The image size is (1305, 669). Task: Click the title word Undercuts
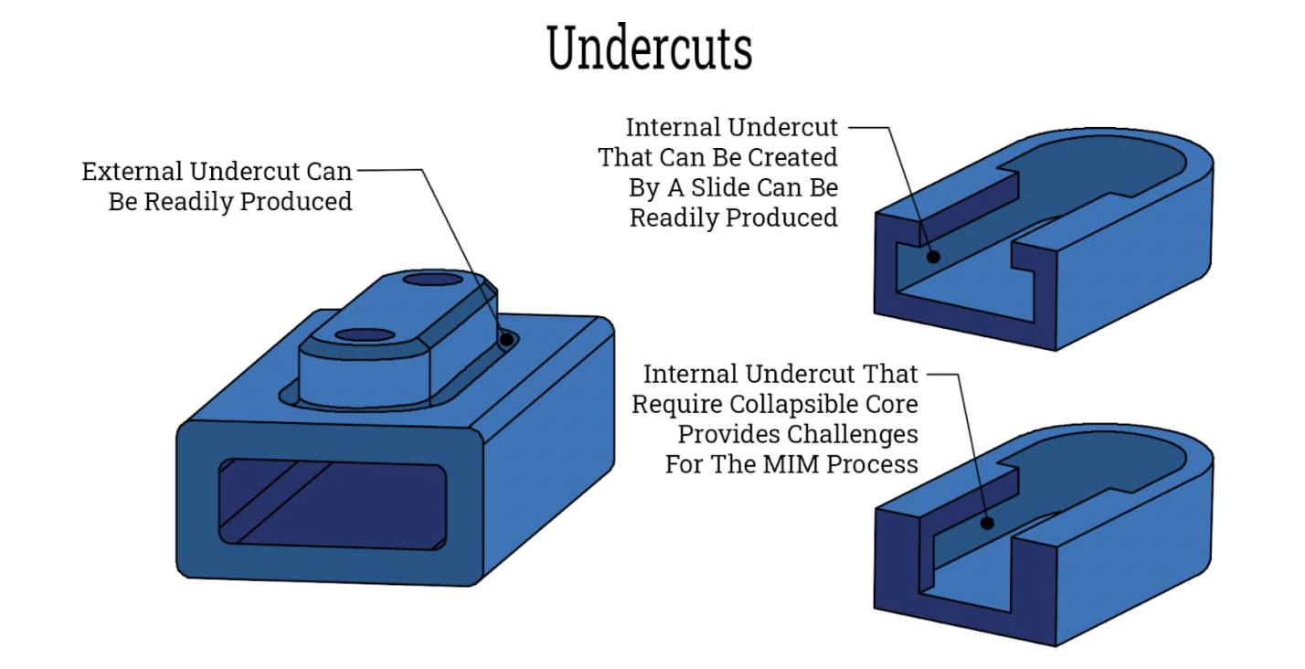pyautogui.click(x=650, y=49)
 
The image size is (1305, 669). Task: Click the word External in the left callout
pyautogui.click(x=133, y=172)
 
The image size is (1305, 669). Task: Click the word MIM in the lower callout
pyautogui.click(x=796, y=463)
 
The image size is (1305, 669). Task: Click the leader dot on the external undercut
pyautogui.click(x=506, y=339)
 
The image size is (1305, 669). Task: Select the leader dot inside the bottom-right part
pyautogui.click(x=987, y=524)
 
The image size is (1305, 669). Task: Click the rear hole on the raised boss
pyautogui.click(x=434, y=278)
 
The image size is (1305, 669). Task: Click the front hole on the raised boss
pyautogui.click(x=365, y=335)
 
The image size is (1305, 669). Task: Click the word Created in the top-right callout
pyautogui.click(x=794, y=157)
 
